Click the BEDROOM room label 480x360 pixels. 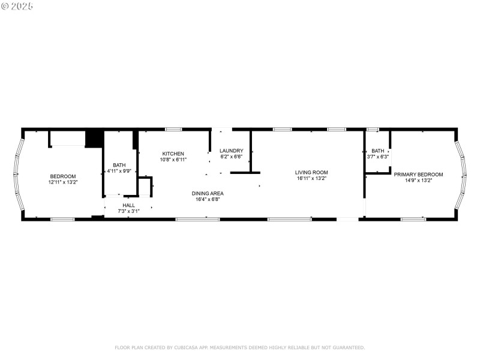(62, 176)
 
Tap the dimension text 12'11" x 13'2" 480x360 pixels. (62, 181)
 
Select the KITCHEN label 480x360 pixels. (173, 154)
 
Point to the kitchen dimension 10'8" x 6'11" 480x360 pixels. (173, 160)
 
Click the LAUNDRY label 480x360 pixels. (231, 151)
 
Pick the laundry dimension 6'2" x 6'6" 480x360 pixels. (231, 157)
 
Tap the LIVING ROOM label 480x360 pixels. (311, 172)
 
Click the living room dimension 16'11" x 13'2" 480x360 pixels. (311, 178)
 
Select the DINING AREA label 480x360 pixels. (208, 193)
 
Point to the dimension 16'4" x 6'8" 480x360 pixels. (208, 199)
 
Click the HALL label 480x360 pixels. (128, 205)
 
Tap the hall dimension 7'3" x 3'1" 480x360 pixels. (128, 211)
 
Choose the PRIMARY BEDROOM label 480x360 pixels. (418, 174)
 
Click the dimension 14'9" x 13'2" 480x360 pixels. (418, 180)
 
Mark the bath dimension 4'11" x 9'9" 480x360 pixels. (119, 171)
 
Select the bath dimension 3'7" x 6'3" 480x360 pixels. (377, 157)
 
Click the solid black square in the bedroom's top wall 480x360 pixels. (93, 139)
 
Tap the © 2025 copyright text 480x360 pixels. (17, 6)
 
